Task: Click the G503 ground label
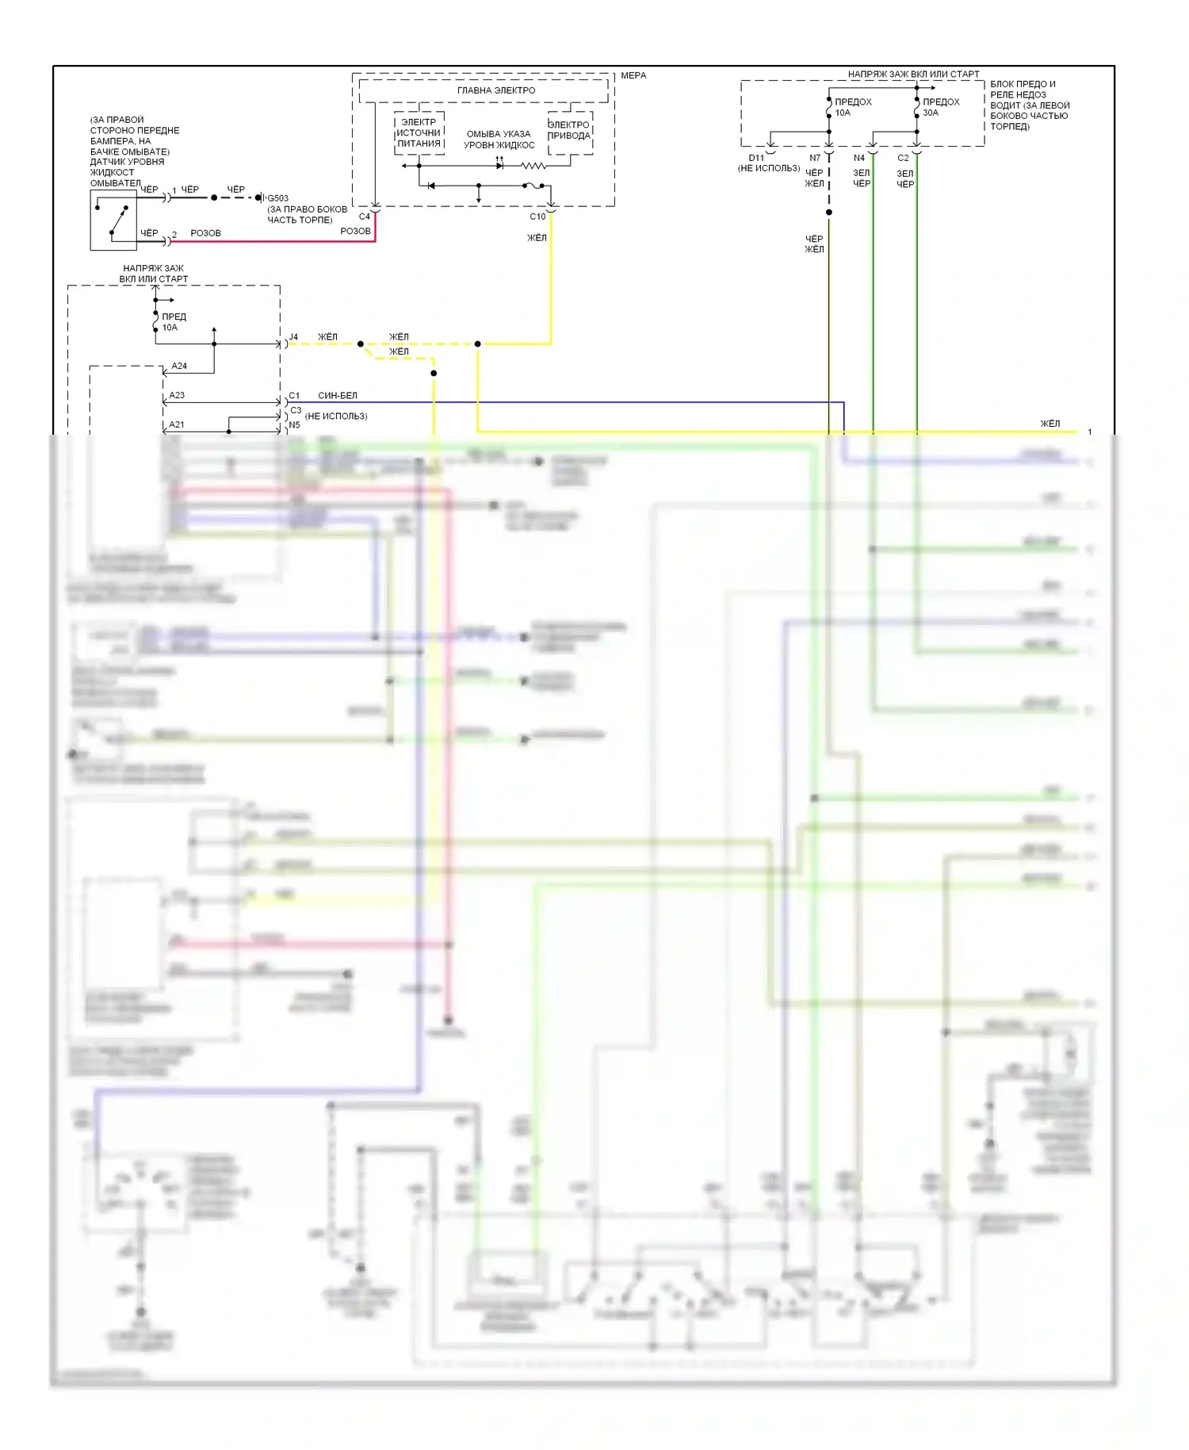[277, 198]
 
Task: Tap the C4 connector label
[364, 217]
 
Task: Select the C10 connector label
[537, 217]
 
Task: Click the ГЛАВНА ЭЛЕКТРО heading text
[496, 90]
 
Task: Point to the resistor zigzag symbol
[533, 166]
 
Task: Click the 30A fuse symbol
[917, 104]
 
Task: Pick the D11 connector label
[756, 158]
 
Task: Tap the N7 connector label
[815, 158]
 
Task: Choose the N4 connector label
[859, 158]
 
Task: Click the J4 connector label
[293, 337]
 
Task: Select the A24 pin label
[179, 366]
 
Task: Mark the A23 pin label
[177, 395]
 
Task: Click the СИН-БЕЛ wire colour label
[338, 395]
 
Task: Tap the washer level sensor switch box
[113, 221]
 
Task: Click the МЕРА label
[633, 75]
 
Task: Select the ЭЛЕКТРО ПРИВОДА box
[569, 131]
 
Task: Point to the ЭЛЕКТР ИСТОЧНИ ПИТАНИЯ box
[419, 133]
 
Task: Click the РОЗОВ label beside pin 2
[205, 233]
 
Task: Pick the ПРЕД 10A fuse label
[174, 322]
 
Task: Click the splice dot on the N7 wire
[829, 213]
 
